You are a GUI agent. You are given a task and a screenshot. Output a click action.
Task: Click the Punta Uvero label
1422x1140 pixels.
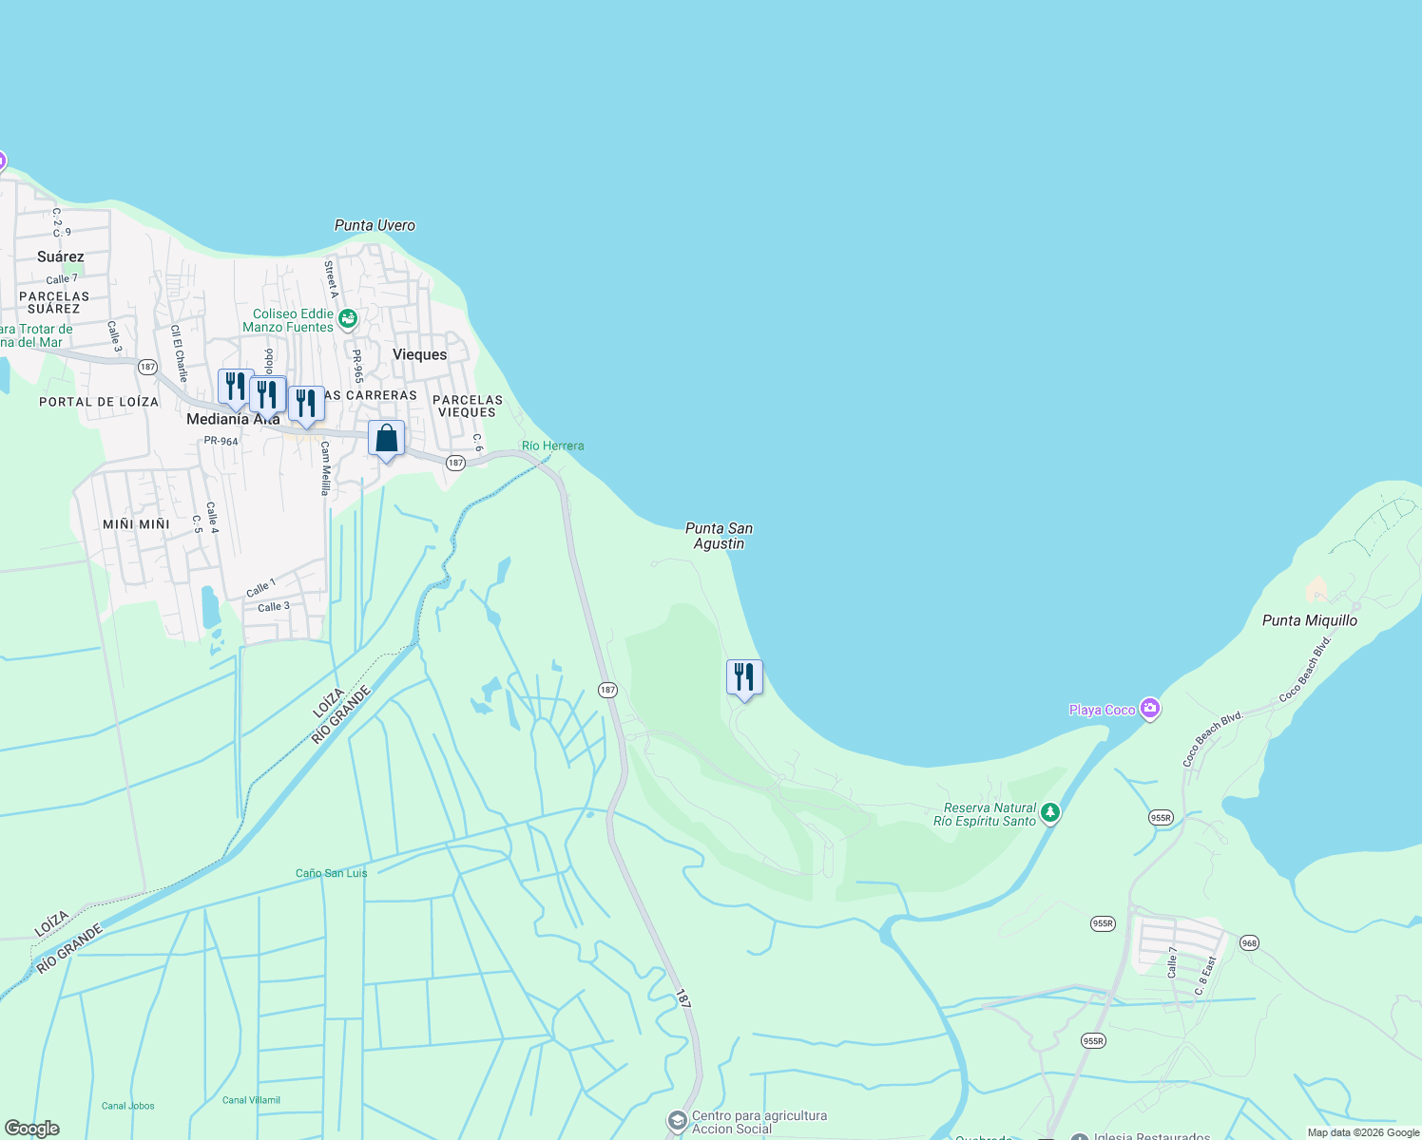point(375,225)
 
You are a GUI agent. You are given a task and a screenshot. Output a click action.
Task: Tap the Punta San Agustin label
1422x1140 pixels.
point(719,536)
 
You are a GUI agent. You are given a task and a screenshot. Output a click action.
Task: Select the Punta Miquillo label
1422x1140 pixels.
point(1309,620)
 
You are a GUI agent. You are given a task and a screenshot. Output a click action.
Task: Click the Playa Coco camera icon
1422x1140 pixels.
point(1150,709)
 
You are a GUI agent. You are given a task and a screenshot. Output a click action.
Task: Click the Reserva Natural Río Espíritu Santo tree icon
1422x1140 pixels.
point(1049,812)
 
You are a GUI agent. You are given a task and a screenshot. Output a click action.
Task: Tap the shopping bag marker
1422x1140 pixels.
point(386,439)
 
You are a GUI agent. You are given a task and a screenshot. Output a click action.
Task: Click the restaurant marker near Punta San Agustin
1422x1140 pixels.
point(744,678)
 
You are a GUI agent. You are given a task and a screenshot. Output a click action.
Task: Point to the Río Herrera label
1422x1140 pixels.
point(552,446)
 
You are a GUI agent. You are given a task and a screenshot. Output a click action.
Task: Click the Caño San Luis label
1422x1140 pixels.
point(331,873)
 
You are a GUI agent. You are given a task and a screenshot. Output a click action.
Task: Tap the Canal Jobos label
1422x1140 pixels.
point(128,1106)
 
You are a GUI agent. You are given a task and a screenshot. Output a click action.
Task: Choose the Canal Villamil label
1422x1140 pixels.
point(251,1100)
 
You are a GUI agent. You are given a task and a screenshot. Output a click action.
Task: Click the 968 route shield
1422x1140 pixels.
point(1249,943)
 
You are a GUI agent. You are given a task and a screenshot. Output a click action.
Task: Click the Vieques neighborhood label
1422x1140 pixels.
point(419,354)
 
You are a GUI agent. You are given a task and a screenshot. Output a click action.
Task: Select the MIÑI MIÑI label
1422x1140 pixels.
point(136,524)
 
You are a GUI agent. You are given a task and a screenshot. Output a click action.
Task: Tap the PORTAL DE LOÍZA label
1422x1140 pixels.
point(99,402)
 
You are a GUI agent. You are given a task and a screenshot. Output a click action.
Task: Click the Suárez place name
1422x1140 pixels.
point(61,256)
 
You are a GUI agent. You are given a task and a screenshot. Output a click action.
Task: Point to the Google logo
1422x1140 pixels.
point(31,1129)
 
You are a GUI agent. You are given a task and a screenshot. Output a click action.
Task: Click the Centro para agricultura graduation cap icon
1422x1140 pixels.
point(677,1121)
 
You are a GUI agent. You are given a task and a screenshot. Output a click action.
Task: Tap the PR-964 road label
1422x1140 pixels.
point(221,441)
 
